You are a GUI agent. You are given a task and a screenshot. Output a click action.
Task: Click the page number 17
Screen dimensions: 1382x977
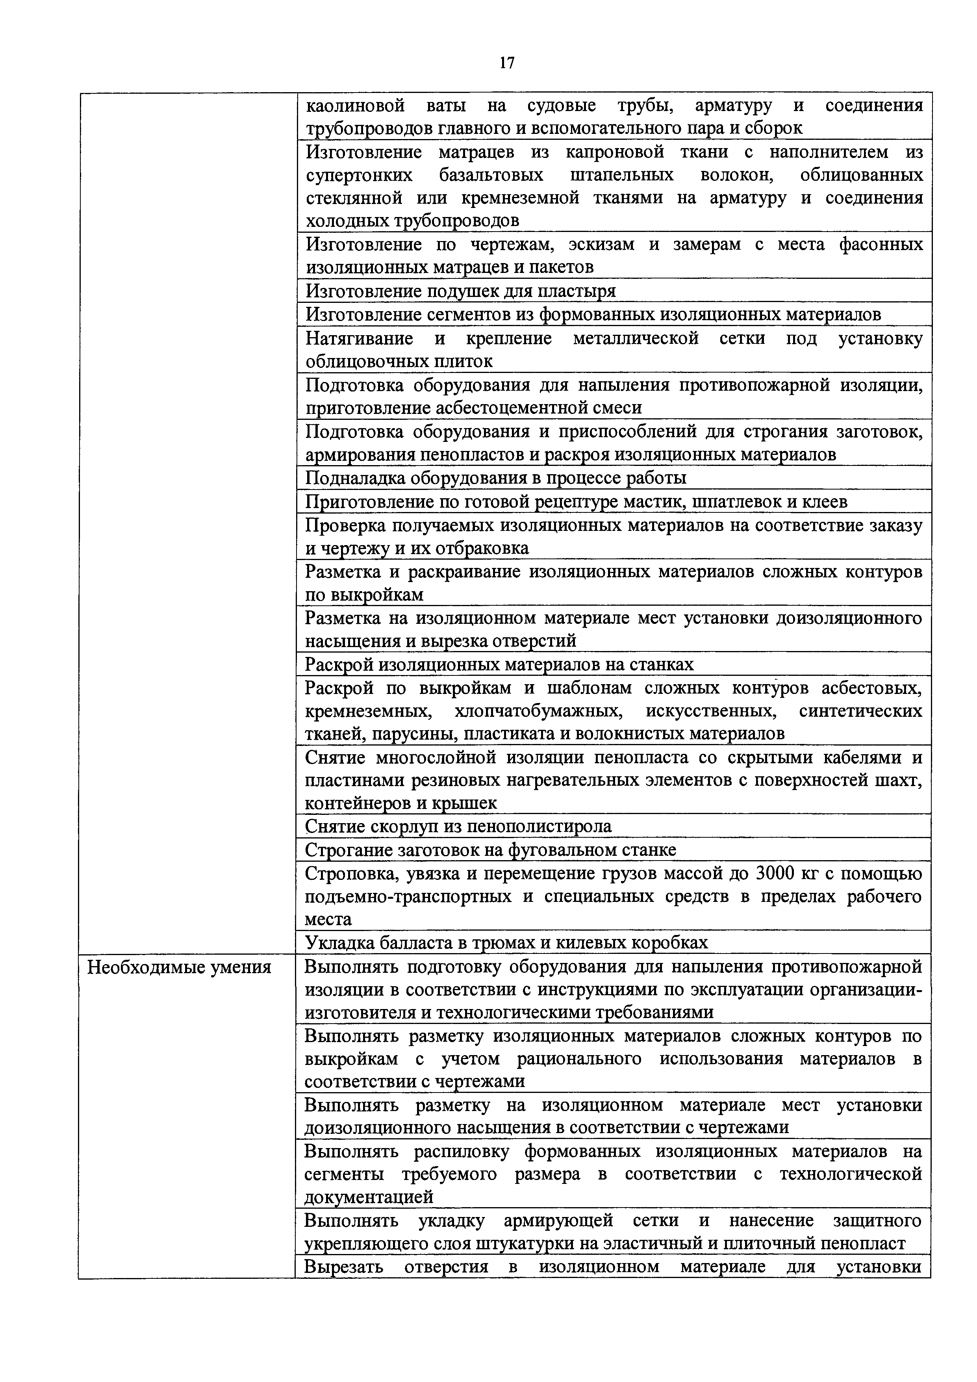(x=507, y=63)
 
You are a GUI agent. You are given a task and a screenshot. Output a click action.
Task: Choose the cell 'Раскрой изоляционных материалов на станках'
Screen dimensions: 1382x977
(x=500, y=664)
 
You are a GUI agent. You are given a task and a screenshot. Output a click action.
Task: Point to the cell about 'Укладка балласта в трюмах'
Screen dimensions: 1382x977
(x=507, y=942)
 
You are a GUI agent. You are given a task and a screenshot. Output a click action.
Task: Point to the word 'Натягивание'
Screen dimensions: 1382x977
(x=360, y=339)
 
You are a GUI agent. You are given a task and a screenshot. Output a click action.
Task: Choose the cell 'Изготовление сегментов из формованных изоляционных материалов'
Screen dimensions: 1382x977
(x=593, y=315)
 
